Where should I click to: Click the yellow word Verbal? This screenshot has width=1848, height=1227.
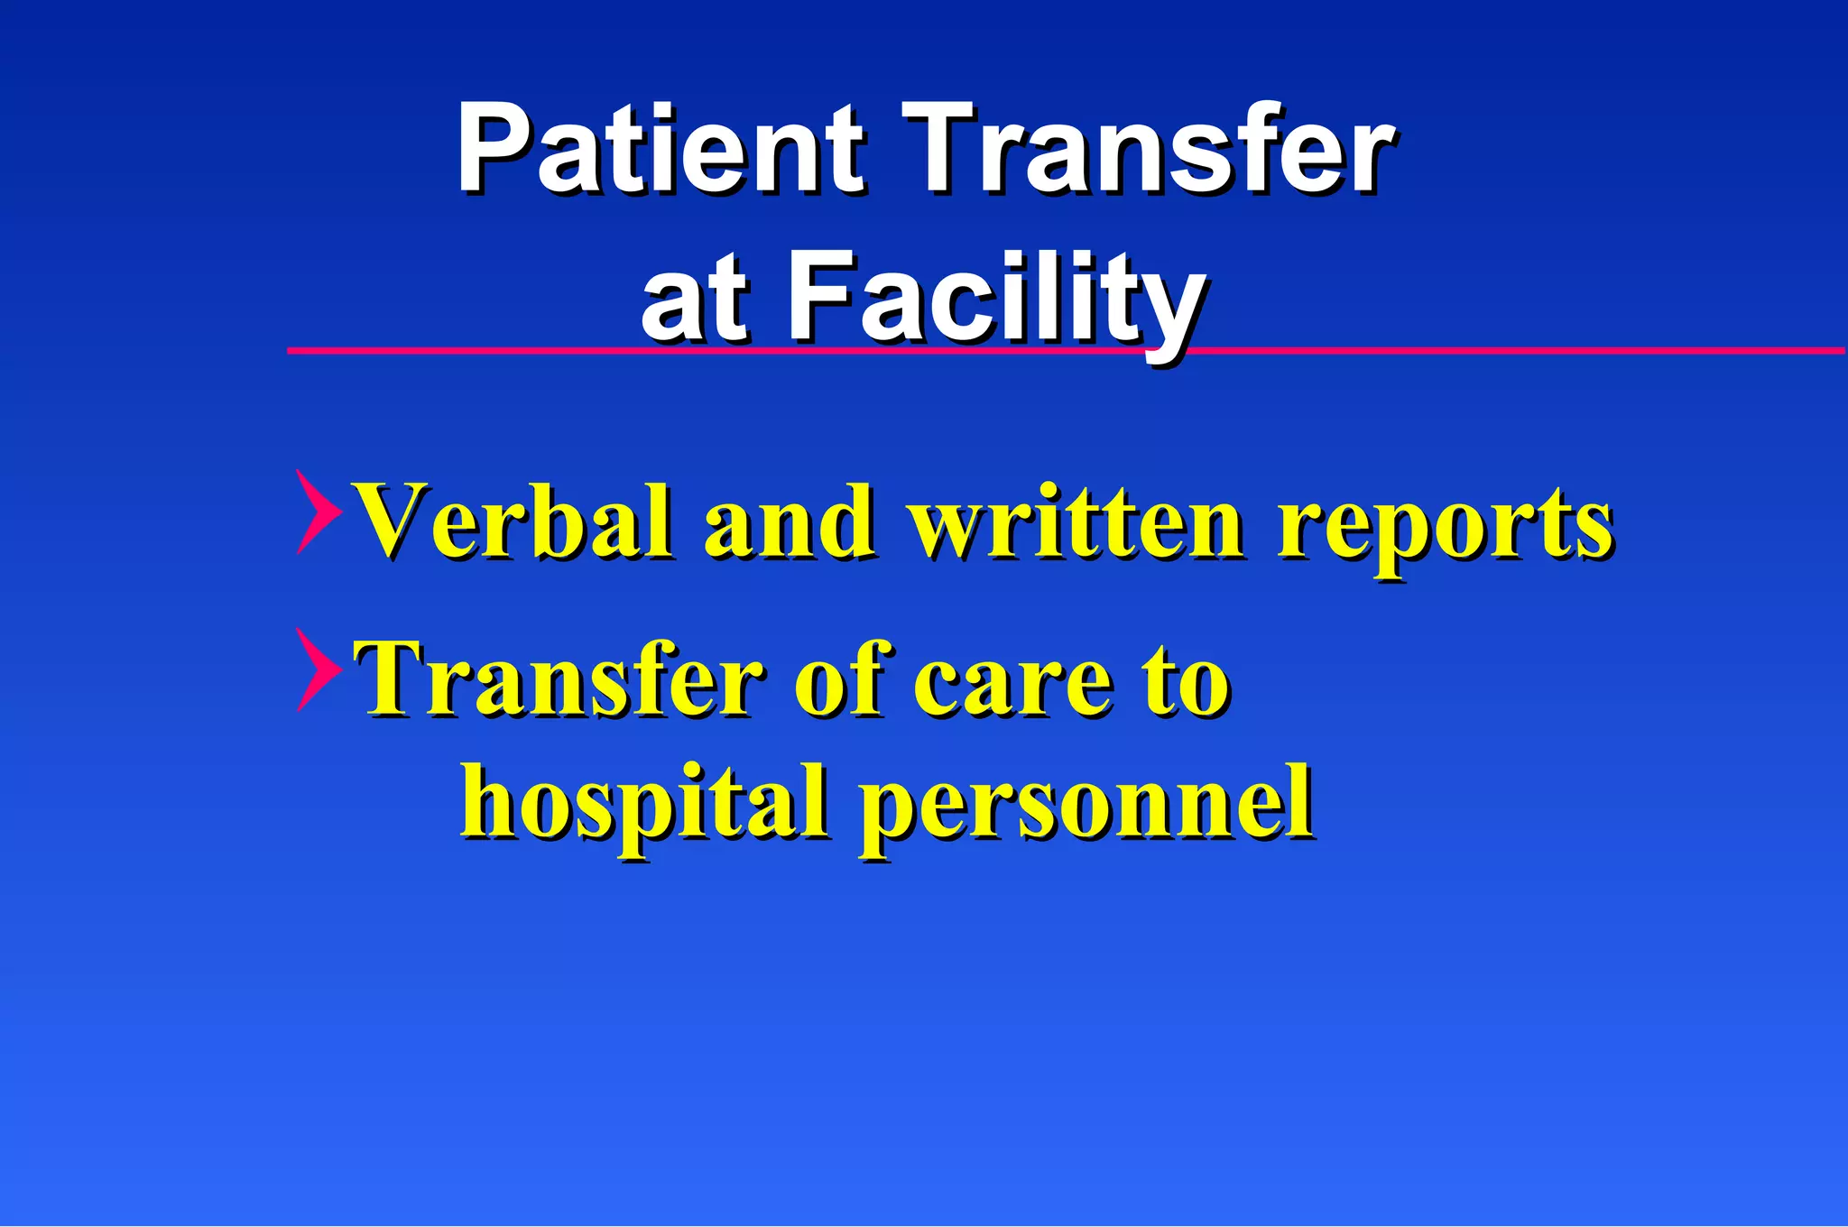click(514, 521)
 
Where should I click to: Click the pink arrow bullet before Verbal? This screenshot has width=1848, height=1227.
click(318, 512)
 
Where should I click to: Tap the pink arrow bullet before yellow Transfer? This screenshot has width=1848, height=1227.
click(318, 669)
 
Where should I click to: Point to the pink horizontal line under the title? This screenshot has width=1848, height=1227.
click(1534, 350)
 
